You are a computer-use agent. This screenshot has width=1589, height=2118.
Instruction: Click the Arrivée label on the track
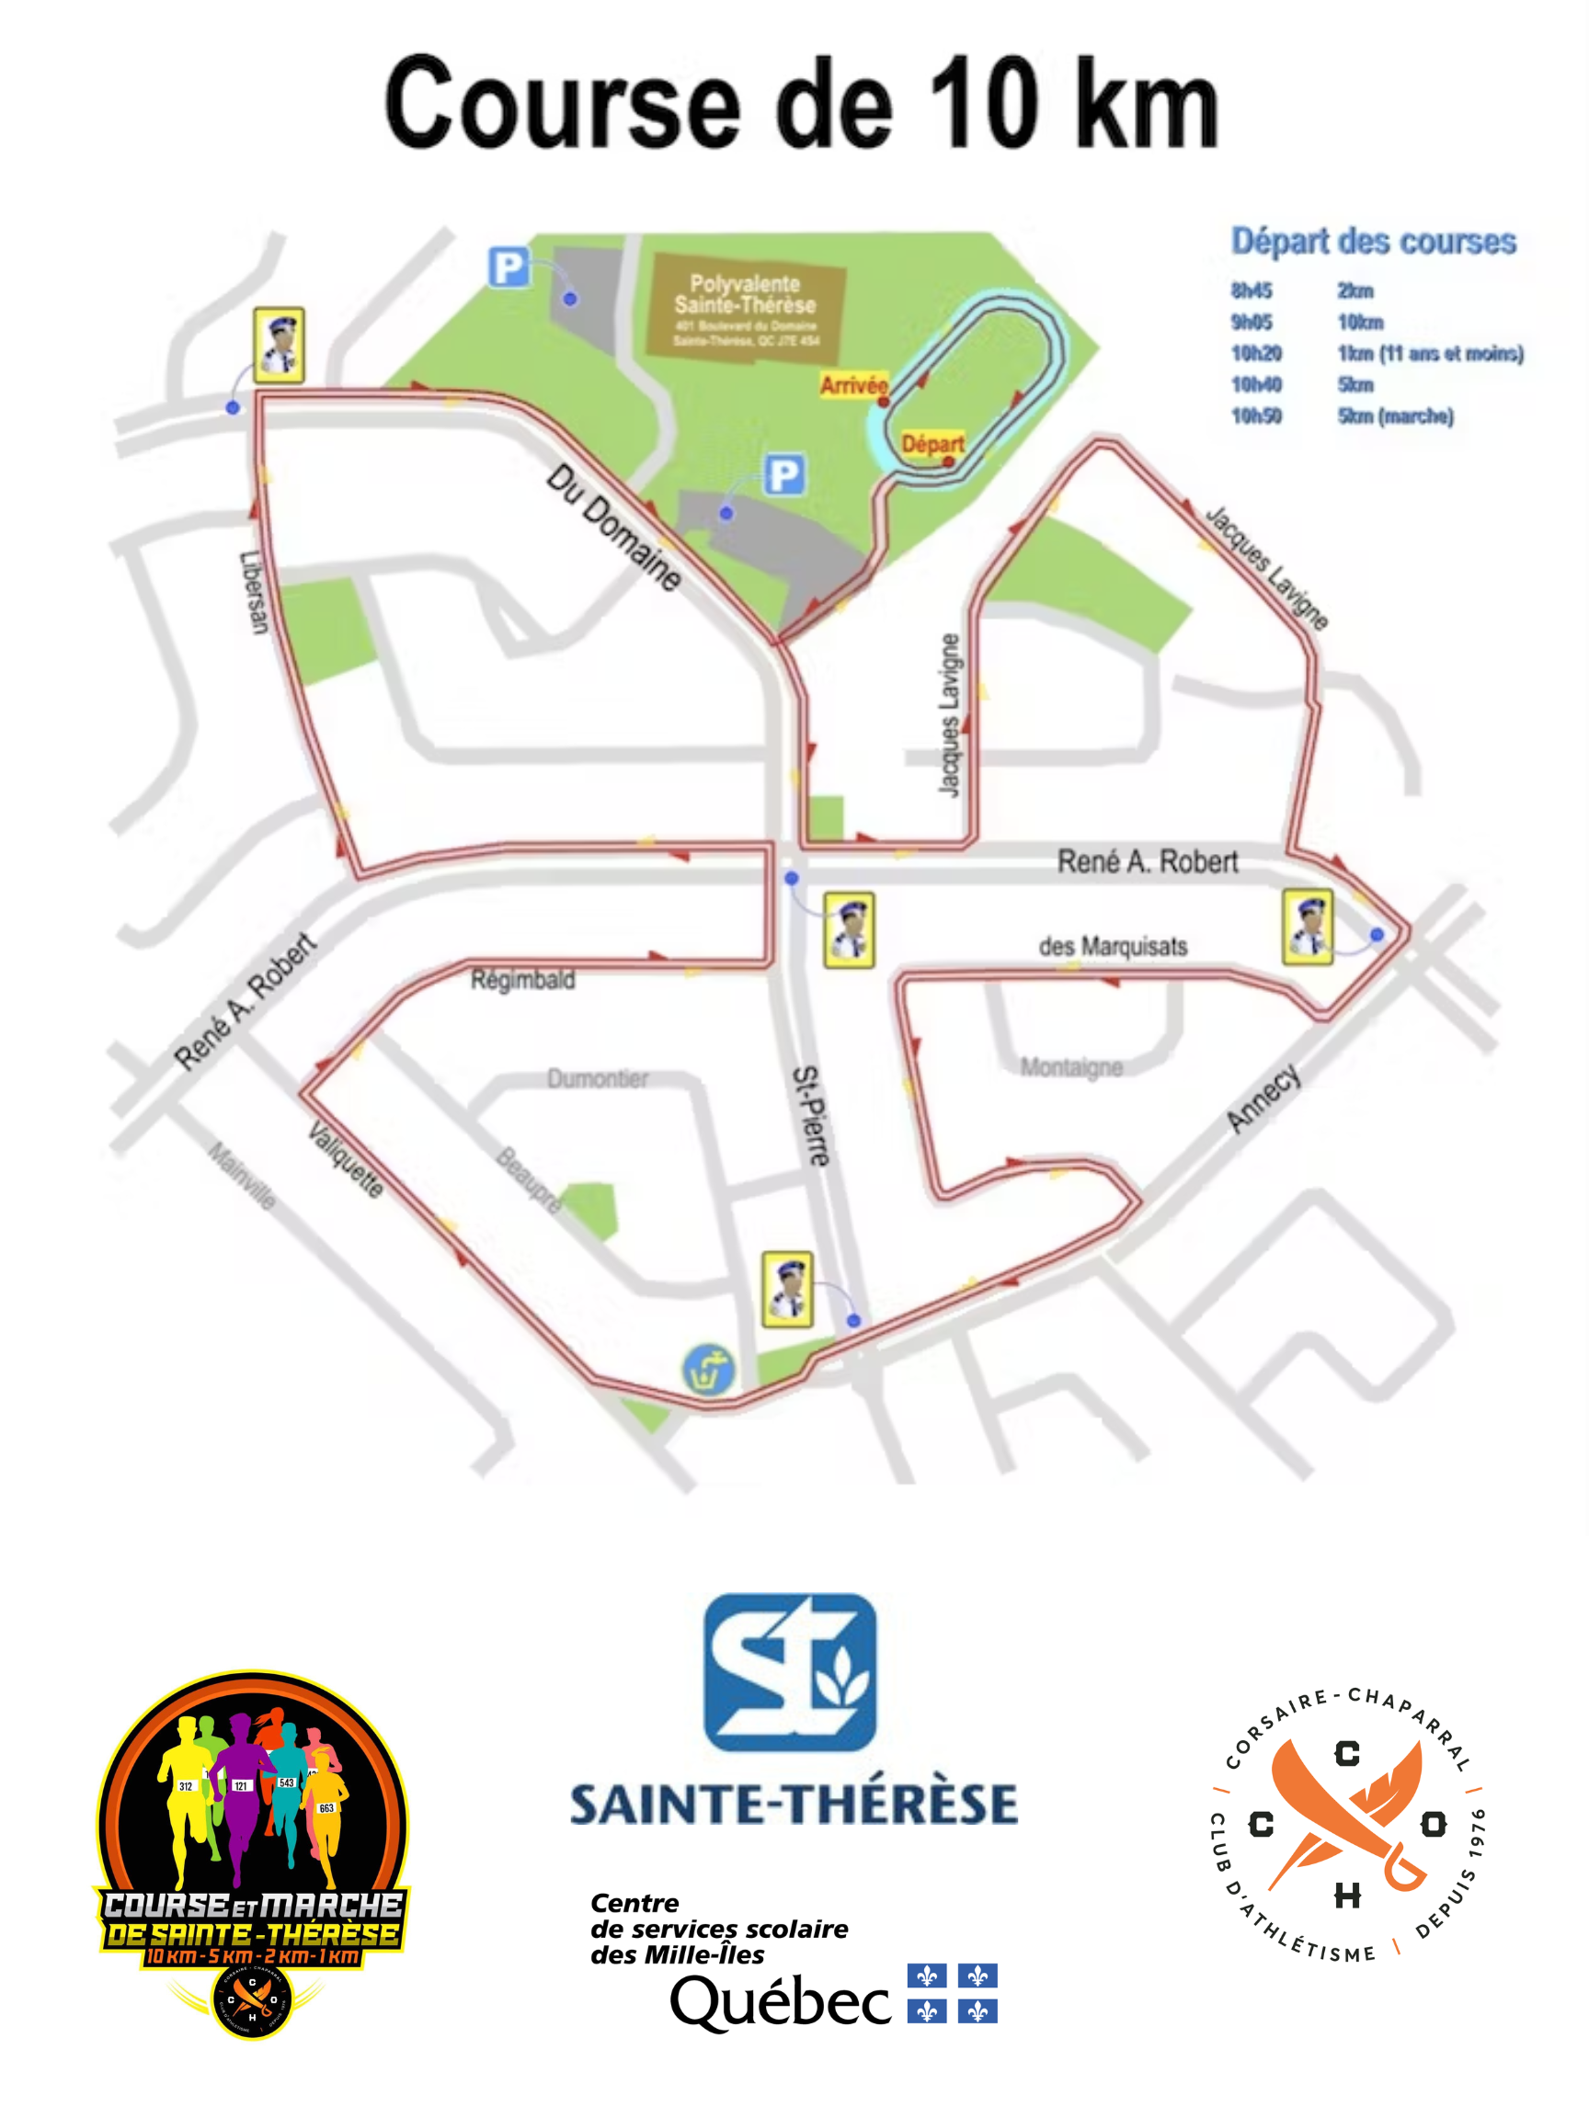pos(852,385)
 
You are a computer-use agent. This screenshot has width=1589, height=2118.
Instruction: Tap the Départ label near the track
pos(931,443)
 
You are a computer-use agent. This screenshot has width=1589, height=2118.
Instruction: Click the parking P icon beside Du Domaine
pos(783,475)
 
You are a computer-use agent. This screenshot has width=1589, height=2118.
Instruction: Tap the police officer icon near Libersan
pos(279,345)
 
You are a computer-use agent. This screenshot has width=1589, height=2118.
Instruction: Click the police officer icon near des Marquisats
pos(1307,926)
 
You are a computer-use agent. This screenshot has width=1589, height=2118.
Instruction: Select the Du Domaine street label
pos(614,528)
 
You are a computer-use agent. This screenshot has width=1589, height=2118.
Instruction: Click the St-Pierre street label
pos(810,1115)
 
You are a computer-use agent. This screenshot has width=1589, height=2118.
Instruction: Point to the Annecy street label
pos(1263,1098)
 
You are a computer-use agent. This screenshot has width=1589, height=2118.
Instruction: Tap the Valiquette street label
pos(346,1159)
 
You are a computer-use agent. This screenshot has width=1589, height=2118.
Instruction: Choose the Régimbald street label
pos(523,979)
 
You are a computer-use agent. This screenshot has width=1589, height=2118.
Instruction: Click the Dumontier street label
pos(598,1078)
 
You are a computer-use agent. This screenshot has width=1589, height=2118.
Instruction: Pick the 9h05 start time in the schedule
pos(1251,322)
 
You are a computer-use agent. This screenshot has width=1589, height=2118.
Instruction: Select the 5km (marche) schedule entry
pos(1395,416)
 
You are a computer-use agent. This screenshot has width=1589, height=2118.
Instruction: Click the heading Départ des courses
pos(1373,241)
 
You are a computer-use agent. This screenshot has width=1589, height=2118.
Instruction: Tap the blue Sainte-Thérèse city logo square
pos(789,1671)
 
